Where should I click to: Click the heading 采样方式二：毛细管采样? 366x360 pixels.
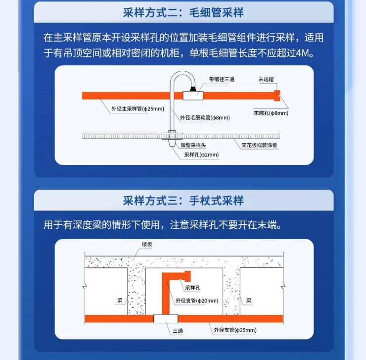click(x=183, y=12)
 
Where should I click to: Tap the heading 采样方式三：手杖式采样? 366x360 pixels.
click(x=183, y=201)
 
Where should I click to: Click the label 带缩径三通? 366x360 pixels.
click(x=222, y=80)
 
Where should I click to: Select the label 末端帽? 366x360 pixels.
click(x=266, y=80)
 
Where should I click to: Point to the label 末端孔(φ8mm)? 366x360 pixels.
click(x=271, y=113)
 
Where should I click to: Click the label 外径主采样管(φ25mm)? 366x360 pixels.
click(x=137, y=109)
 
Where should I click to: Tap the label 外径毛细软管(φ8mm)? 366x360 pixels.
click(x=205, y=117)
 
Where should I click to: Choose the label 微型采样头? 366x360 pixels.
click(x=193, y=145)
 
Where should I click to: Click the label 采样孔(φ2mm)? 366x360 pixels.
click(x=201, y=155)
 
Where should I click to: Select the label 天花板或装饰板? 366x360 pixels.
click(x=259, y=145)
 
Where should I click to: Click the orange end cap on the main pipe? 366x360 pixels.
click(x=277, y=96)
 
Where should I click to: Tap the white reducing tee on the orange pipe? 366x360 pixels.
click(x=193, y=96)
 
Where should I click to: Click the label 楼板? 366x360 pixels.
click(x=147, y=244)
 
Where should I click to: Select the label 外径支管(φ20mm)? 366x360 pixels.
click(x=197, y=301)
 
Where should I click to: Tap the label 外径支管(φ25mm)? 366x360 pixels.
click(x=235, y=330)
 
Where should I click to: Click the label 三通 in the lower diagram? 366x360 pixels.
click(x=178, y=331)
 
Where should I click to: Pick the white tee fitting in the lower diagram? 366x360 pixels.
click(x=166, y=319)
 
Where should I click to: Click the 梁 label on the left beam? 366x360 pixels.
click(x=120, y=301)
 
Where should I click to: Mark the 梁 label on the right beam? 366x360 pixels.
click(x=249, y=301)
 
